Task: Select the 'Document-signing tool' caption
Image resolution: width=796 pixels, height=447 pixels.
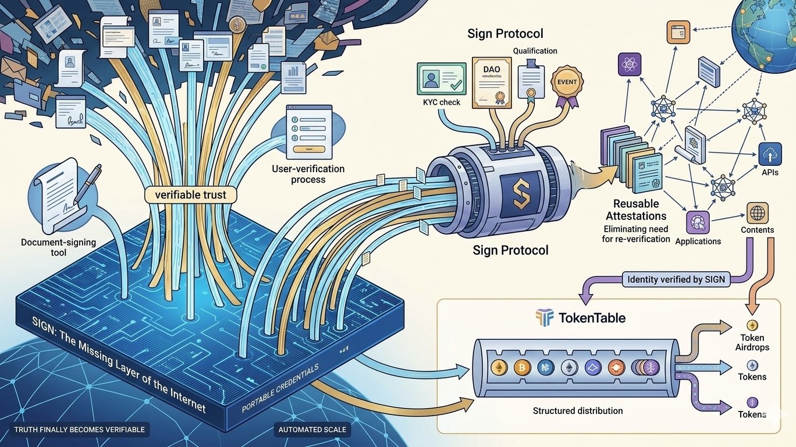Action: click(x=58, y=247)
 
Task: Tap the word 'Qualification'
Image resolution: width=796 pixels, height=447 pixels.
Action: click(x=535, y=51)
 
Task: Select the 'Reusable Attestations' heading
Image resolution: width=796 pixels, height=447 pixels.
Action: click(x=635, y=210)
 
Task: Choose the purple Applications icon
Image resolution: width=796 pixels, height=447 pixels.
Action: click(x=698, y=223)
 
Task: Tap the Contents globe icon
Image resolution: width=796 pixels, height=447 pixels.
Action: click(x=757, y=214)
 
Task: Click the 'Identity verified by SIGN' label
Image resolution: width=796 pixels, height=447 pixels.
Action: click(x=676, y=279)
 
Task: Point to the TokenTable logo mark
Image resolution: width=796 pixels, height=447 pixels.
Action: click(x=544, y=318)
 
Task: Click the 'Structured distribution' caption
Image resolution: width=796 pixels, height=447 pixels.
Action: click(x=577, y=411)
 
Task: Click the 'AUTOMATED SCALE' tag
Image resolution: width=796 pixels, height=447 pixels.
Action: click(x=312, y=430)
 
